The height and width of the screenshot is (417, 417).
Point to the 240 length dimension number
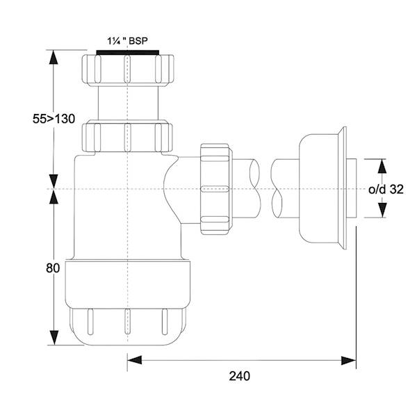[x=239, y=376]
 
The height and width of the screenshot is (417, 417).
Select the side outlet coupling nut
[x=215, y=189]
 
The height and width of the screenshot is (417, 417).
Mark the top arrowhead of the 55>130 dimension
[x=53, y=56]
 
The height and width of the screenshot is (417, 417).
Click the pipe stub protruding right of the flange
[x=354, y=188]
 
